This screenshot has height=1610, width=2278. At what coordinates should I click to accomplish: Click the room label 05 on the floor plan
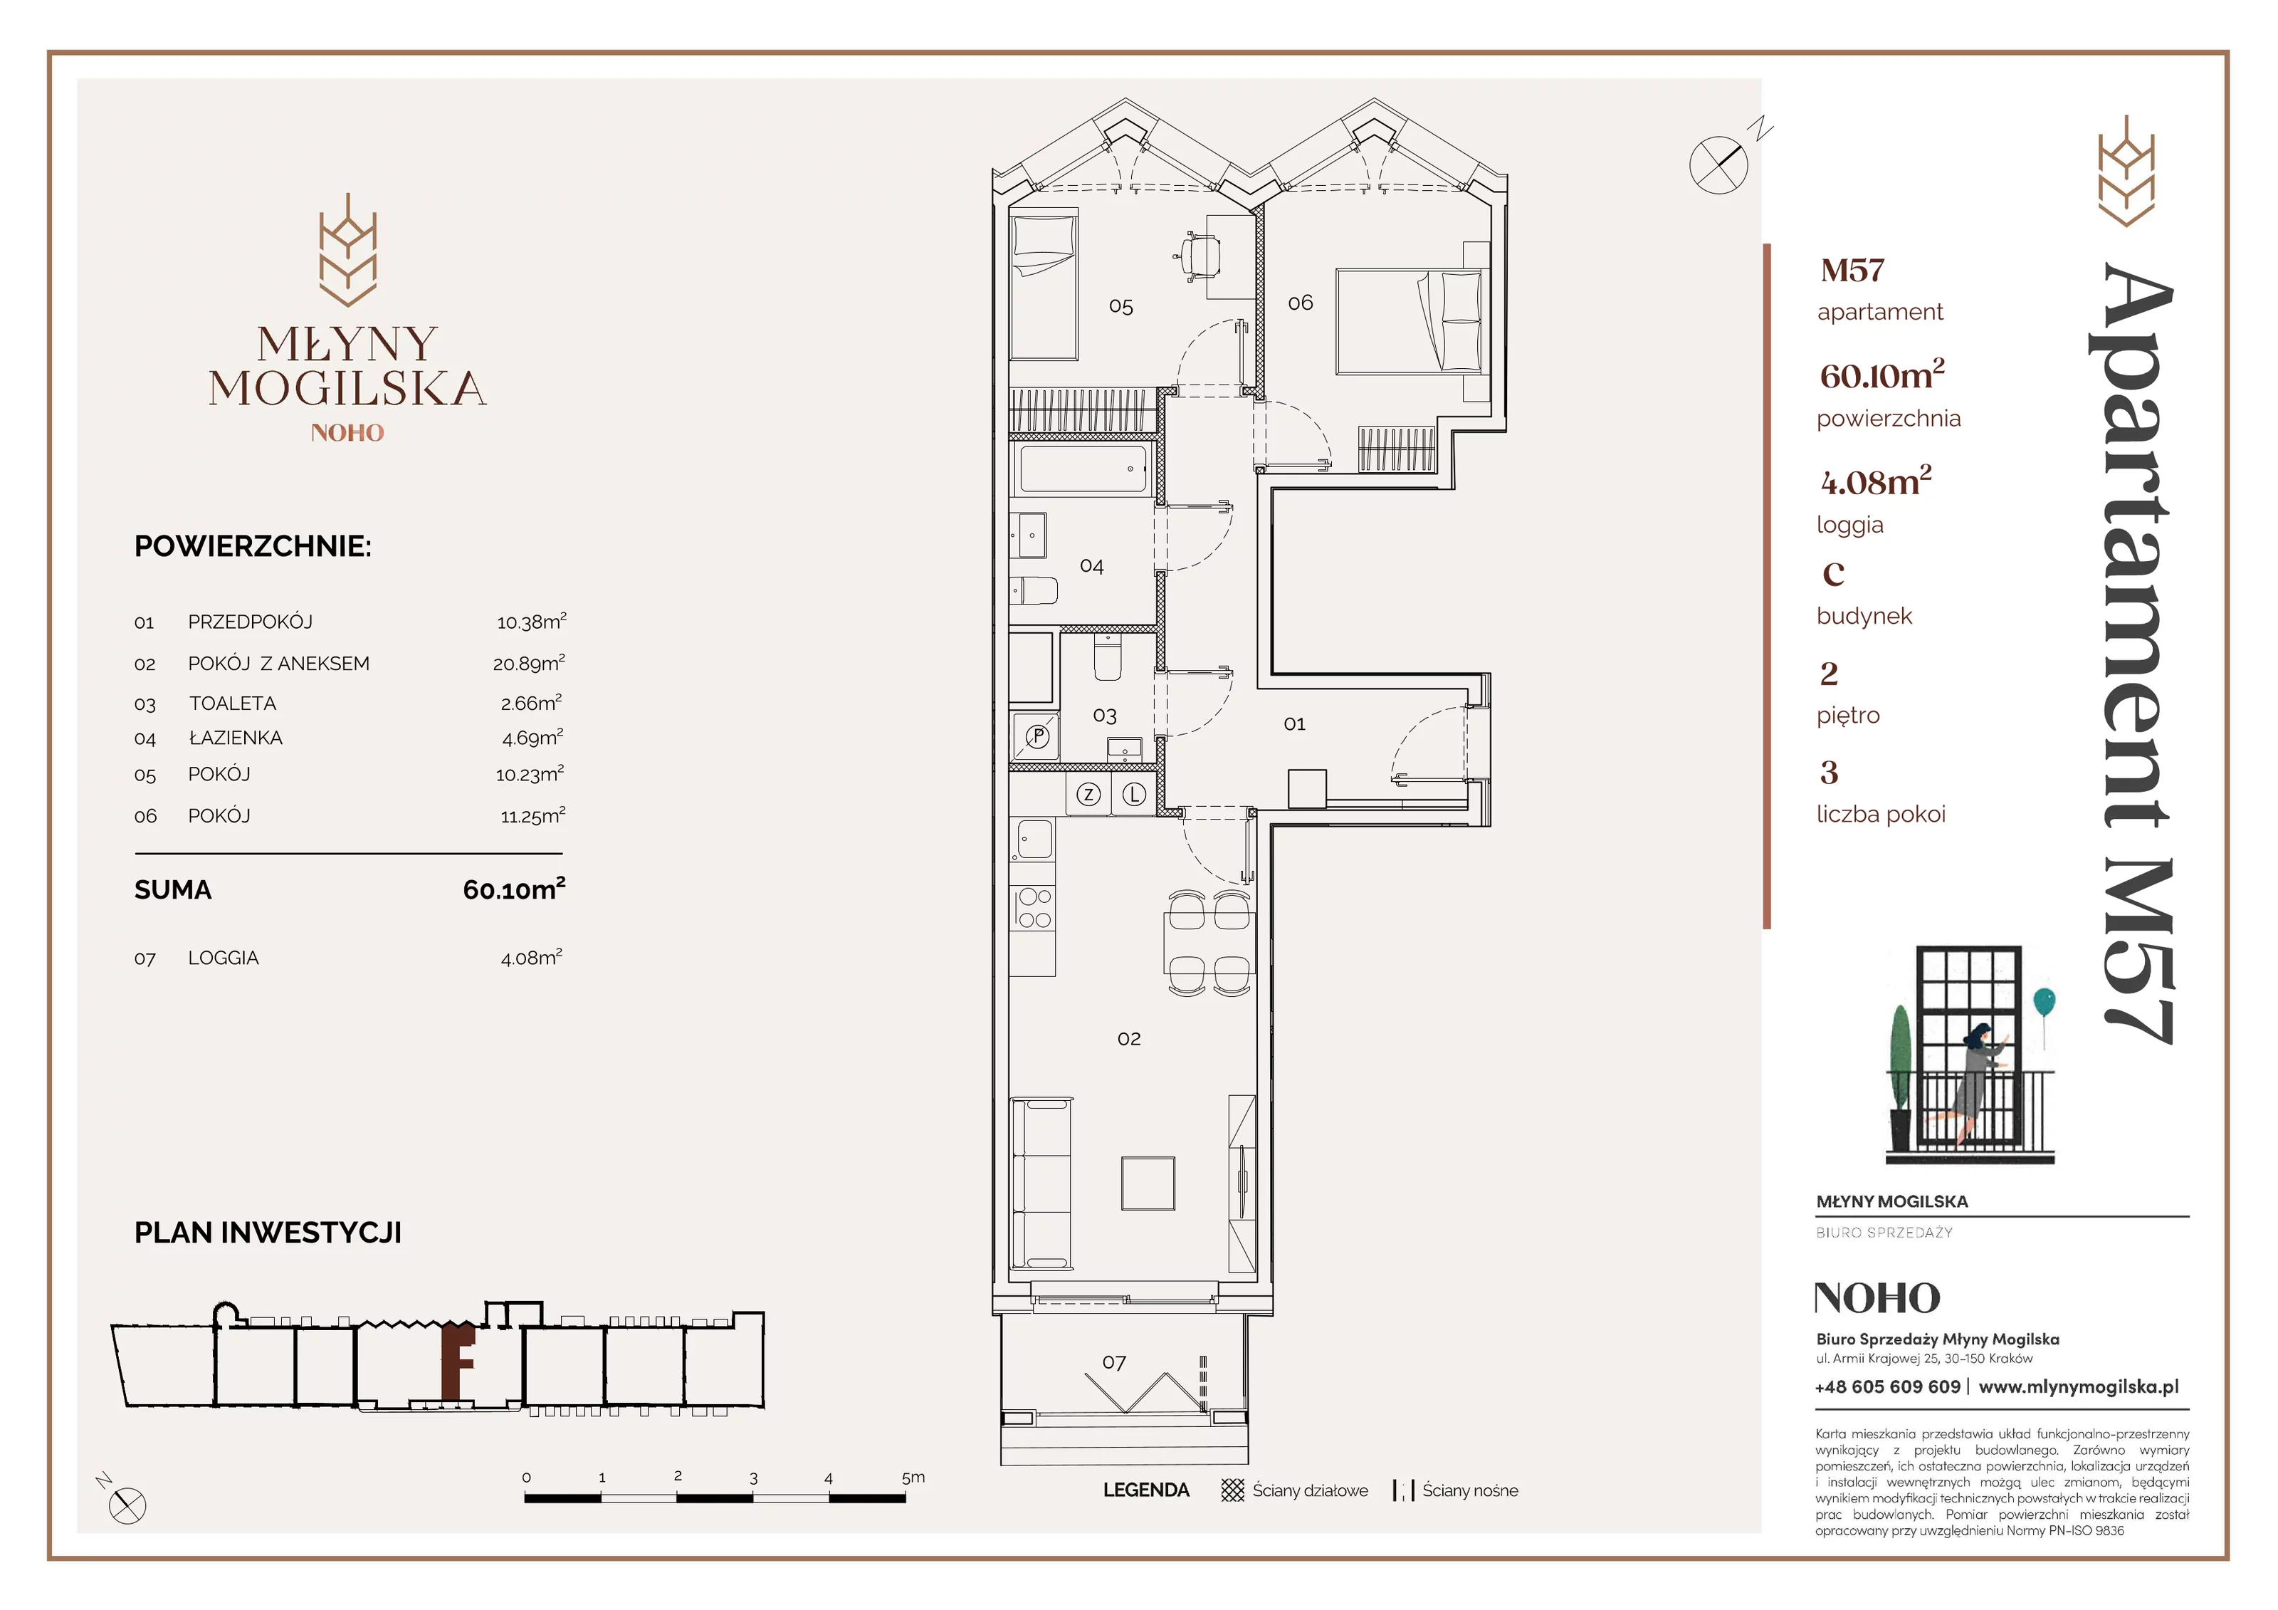[1120, 307]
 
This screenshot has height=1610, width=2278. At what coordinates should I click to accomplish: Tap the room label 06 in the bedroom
[1300, 303]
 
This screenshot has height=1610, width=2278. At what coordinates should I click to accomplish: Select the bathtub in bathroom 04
[1083, 469]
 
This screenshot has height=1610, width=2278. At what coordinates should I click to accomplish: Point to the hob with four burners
[1034, 908]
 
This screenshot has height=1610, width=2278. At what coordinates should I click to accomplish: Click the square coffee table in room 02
[1148, 1183]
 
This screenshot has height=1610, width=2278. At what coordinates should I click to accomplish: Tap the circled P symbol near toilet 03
[1038, 736]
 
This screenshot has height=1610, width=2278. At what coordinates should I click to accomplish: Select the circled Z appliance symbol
[1088, 794]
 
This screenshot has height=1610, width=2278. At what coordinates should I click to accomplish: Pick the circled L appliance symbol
[1134, 794]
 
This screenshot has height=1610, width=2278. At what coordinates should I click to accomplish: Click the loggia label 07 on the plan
[1114, 1363]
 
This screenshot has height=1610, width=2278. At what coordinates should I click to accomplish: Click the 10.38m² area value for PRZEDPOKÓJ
[532, 622]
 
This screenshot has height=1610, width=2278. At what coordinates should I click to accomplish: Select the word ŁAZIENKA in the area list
[236, 738]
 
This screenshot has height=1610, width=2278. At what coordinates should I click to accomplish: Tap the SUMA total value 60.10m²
[514, 889]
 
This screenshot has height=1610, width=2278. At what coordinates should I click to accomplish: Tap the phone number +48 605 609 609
[1887, 1386]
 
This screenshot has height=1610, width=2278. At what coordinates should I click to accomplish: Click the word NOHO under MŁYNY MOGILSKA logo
[347, 433]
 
